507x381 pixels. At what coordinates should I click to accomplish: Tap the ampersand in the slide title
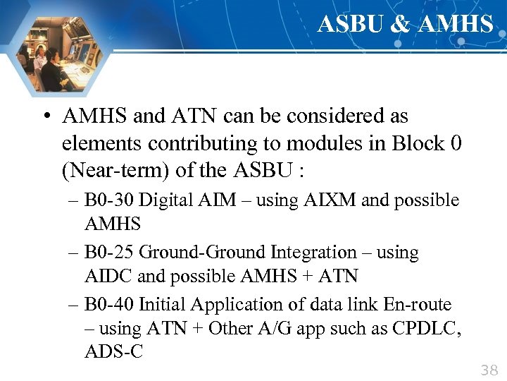point(399,24)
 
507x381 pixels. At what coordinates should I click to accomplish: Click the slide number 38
point(488,370)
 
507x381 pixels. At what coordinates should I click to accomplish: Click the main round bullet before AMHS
point(46,116)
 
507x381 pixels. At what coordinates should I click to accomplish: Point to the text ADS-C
point(113,352)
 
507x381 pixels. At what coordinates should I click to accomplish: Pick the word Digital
point(163,200)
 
